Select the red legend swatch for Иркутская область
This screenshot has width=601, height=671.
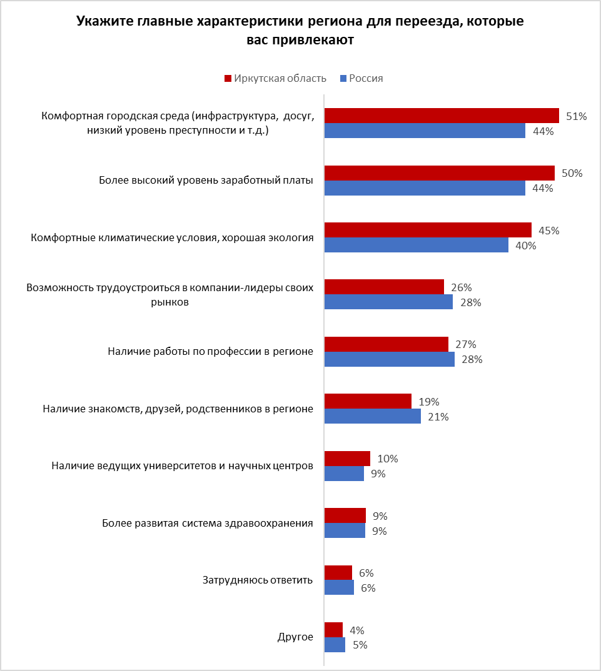pos(228,79)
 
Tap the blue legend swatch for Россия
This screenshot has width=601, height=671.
pos(343,79)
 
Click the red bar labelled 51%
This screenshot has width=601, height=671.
pos(442,116)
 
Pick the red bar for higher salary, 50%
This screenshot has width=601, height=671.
pos(439,173)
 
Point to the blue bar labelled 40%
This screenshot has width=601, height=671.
pos(416,245)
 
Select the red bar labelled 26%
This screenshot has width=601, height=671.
pos(384,287)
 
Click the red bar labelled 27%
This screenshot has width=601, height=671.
pos(386,344)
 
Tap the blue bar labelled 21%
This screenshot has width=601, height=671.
pos(372,417)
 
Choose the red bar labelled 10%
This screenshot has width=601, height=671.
pos(347,459)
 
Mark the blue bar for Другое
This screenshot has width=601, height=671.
pos(335,645)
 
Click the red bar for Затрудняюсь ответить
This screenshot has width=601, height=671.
pos(338,573)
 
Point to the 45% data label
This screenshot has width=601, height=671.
pos(548,231)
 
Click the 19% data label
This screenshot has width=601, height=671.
pos(430,402)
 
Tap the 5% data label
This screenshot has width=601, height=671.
pos(360,645)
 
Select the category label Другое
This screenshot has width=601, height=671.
pos(295,637)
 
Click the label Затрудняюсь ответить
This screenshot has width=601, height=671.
pos(257,580)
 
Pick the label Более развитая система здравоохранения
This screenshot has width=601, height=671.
pos(208,523)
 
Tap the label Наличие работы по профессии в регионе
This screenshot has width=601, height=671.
pos(210,352)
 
